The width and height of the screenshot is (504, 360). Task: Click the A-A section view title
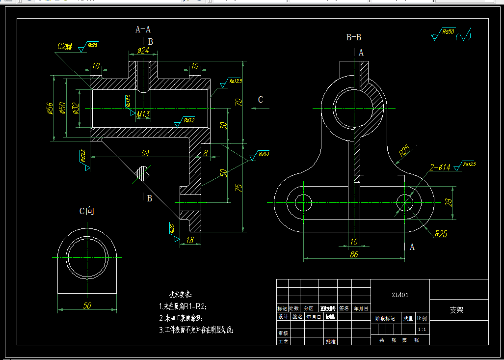143,29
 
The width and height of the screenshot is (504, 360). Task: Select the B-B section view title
353,37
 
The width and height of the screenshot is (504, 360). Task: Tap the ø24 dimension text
143,50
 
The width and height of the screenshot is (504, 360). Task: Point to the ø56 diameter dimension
50,109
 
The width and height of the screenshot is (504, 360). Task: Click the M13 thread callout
143,114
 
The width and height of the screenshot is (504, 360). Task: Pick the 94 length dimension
145,153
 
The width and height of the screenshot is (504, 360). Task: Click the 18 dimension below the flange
190,240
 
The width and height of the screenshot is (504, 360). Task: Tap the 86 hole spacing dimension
354,254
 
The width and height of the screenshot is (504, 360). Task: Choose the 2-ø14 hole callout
440,168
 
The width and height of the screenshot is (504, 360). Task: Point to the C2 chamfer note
64,47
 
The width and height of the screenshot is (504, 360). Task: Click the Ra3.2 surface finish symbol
188,120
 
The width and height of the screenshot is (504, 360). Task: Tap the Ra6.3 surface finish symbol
263,154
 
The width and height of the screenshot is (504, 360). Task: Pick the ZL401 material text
400,295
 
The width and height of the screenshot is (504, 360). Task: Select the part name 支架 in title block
456,310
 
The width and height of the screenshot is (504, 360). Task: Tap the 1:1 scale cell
422,330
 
